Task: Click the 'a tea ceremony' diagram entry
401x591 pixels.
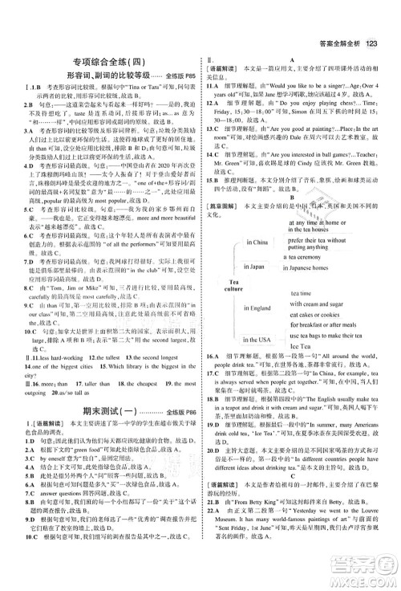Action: (x=308, y=258)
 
